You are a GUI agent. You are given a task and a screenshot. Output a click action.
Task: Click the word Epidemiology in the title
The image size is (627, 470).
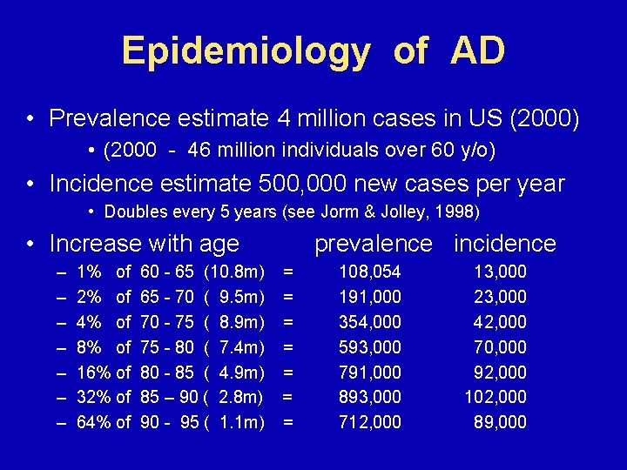(246, 52)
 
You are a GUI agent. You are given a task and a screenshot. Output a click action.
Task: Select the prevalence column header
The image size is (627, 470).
(373, 244)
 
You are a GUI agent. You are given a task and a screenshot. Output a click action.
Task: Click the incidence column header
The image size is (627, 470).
(504, 244)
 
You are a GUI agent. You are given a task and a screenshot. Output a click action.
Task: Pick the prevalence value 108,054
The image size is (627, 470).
(370, 272)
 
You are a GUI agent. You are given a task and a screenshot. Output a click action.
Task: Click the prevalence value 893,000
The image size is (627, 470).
(370, 398)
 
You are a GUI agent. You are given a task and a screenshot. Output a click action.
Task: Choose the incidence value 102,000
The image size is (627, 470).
(495, 398)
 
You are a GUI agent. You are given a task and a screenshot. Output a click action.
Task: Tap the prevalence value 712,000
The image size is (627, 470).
(370, 423)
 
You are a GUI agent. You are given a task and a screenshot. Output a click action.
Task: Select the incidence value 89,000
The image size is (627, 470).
(500, 423)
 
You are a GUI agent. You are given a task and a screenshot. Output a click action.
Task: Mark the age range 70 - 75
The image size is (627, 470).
(167, 323)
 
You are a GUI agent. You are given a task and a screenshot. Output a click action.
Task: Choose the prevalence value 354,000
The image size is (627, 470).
(370, 323)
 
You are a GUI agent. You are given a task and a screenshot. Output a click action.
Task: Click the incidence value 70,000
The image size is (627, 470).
(500, 348)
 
